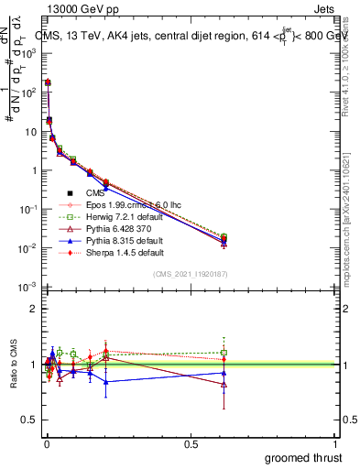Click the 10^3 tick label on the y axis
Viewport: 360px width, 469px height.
(27, 54)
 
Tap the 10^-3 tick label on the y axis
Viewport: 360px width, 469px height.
(27, 288)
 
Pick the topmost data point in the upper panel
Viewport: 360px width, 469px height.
(47, 82)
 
